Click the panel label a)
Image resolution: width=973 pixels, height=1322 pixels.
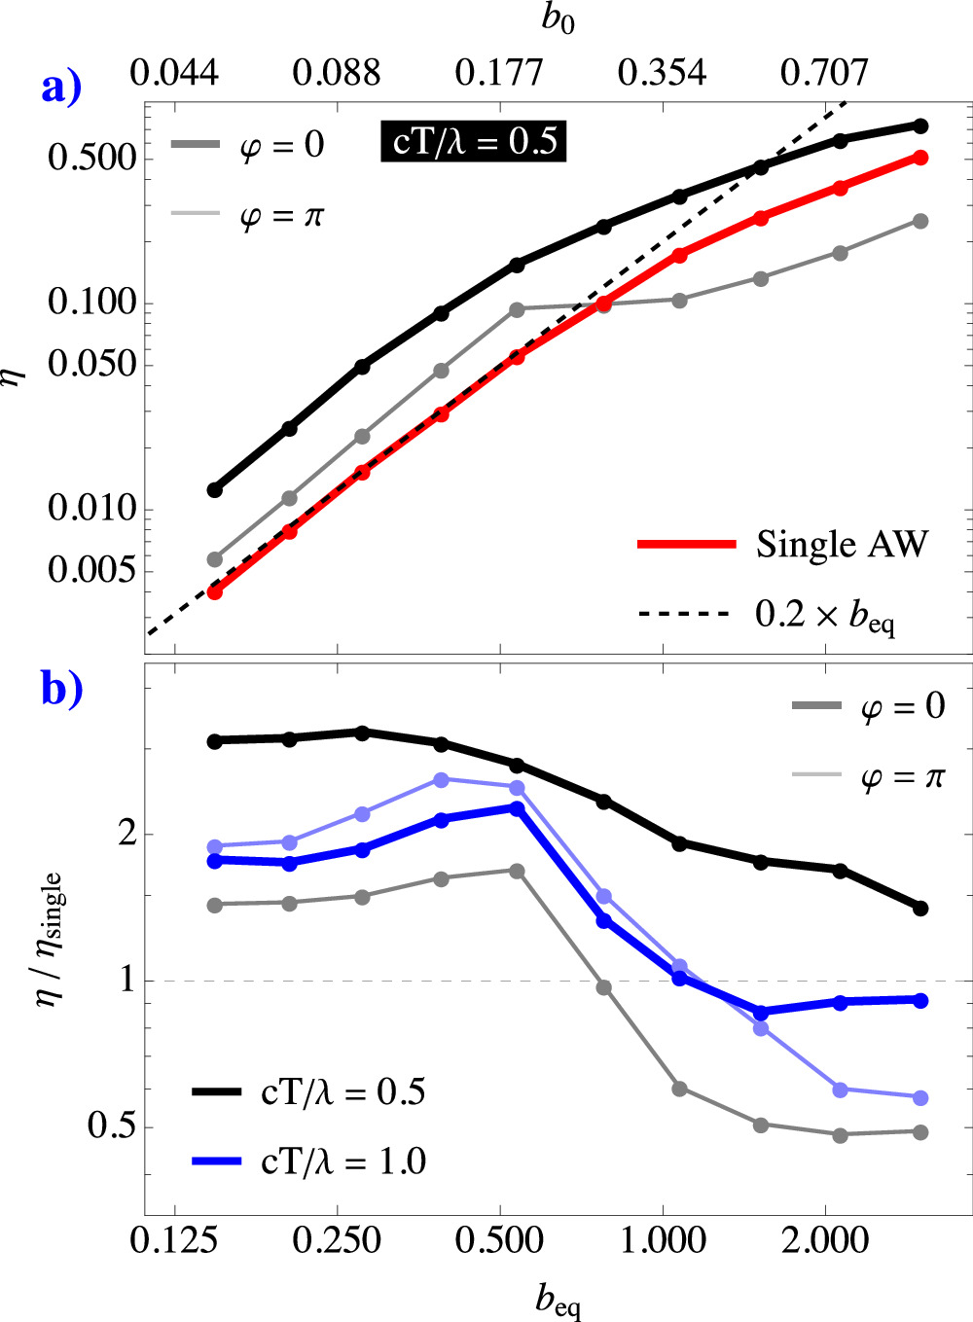[x=61, y=88]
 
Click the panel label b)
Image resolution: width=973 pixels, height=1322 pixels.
[x=61, y=688]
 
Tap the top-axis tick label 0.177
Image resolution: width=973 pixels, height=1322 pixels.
[x=499, y=73]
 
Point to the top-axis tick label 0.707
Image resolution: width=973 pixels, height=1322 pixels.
[x=824, y=73]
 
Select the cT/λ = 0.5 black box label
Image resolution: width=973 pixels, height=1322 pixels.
[x=474, y=142]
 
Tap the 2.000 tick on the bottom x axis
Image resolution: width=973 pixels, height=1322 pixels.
[x=825, y=1241]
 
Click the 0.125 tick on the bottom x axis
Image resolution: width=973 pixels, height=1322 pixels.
[x=174, y=1241]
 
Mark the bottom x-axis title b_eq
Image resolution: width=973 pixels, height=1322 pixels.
[x=559, y=1300]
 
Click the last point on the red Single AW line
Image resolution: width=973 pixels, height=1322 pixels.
[x=920, y=158]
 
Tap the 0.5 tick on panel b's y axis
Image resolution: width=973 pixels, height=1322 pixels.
[x=110, y=1126]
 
